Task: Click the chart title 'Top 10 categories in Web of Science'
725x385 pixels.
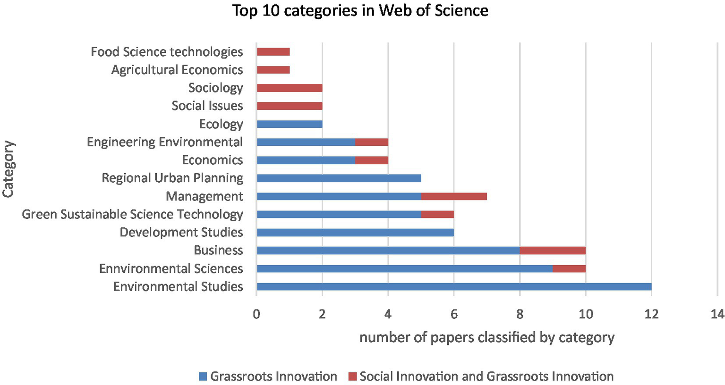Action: (x=360, y=10)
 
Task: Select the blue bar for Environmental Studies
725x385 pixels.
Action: (x=453, y=286)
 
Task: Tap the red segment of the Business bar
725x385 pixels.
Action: (x=553, y=250)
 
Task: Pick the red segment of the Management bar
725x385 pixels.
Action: (x=453, y=196)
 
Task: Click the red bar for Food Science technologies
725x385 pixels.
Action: (x=273, y=51)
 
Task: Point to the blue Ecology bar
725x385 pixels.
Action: (x=289, y=124)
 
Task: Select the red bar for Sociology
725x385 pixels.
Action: (x=289, y=88)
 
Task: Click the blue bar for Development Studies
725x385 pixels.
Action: (x=355, y=232)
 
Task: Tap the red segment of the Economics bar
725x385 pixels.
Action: (x=371, y=160)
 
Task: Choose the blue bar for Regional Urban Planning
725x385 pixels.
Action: (x=339, y=178)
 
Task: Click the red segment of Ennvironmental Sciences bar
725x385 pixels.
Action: (x=569, y=268)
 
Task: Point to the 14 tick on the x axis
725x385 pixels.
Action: (x=717, y=314)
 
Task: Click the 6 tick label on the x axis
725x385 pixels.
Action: (x=454, y=314)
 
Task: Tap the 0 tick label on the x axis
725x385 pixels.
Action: (x=256, y=314)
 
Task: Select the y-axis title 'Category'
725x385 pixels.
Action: (x=9, y=169)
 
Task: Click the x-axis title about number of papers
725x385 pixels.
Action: (x=486, y=337)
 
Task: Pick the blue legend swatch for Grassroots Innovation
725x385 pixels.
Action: (x=203, y=377)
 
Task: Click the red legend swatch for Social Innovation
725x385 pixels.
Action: (x=352, y=377)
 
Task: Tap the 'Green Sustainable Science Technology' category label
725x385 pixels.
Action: (x=133, y=214)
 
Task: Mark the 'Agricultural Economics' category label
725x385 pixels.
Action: (x=177, y=70)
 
